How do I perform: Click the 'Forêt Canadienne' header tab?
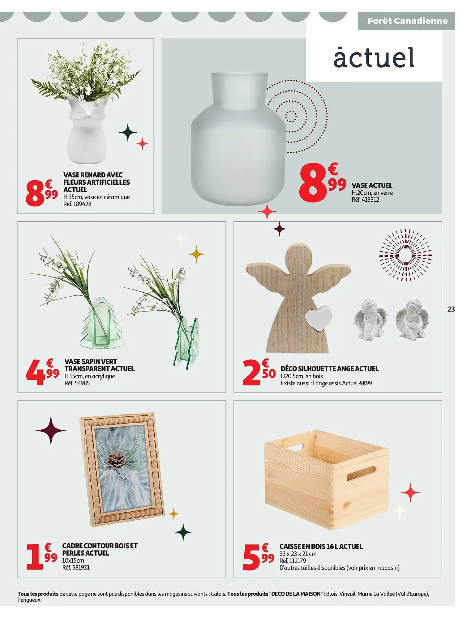coord(407,21)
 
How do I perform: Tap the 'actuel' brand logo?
coord(374,58)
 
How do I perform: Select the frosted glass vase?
coord(238,139)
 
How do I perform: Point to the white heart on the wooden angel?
coord(318,319)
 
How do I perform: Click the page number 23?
coord(451,309)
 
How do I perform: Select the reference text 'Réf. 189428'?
coord(77,204)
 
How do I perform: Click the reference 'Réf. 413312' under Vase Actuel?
coord(365,200)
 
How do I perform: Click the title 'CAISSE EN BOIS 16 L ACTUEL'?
coord(321,547)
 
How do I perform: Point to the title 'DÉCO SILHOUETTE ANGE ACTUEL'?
coord(329,369)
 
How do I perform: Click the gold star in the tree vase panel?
coord(196,254)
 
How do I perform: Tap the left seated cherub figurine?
coord(367,320)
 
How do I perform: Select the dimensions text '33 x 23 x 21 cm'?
coord(298,554)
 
